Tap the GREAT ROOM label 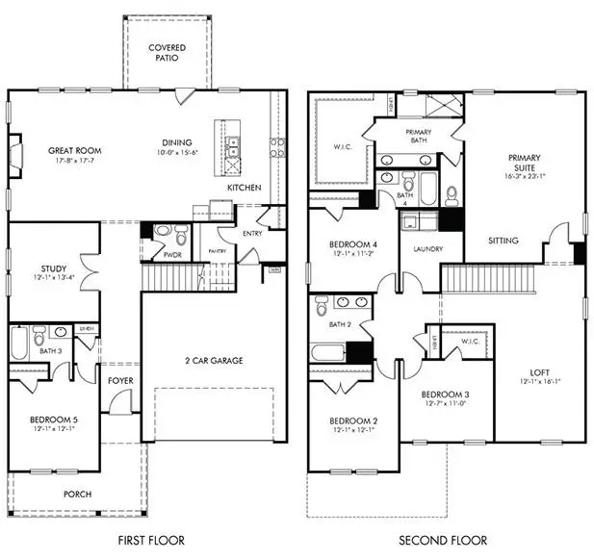[x=75, y=151]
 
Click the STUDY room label [x=53, y=268]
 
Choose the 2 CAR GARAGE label [x=214, y=361]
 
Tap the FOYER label [x=120, y=380]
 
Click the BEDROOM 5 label [x=53, y=420]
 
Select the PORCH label [x=77, y=495]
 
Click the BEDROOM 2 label [x=351, y=420]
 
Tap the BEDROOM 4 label [x=351, y=244]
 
